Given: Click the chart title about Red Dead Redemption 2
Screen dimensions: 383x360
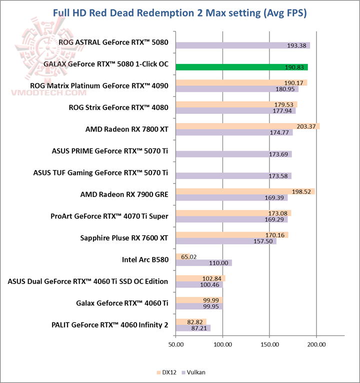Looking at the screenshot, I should coord(180,13).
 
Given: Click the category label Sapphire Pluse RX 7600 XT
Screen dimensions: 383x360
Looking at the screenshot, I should coord(124,238).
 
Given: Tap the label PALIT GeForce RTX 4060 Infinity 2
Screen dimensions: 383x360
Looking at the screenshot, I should coord(109,325).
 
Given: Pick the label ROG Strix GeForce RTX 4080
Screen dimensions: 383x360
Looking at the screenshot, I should coord(118,107).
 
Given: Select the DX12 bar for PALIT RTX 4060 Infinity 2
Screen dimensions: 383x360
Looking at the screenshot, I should coord(191,322).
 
